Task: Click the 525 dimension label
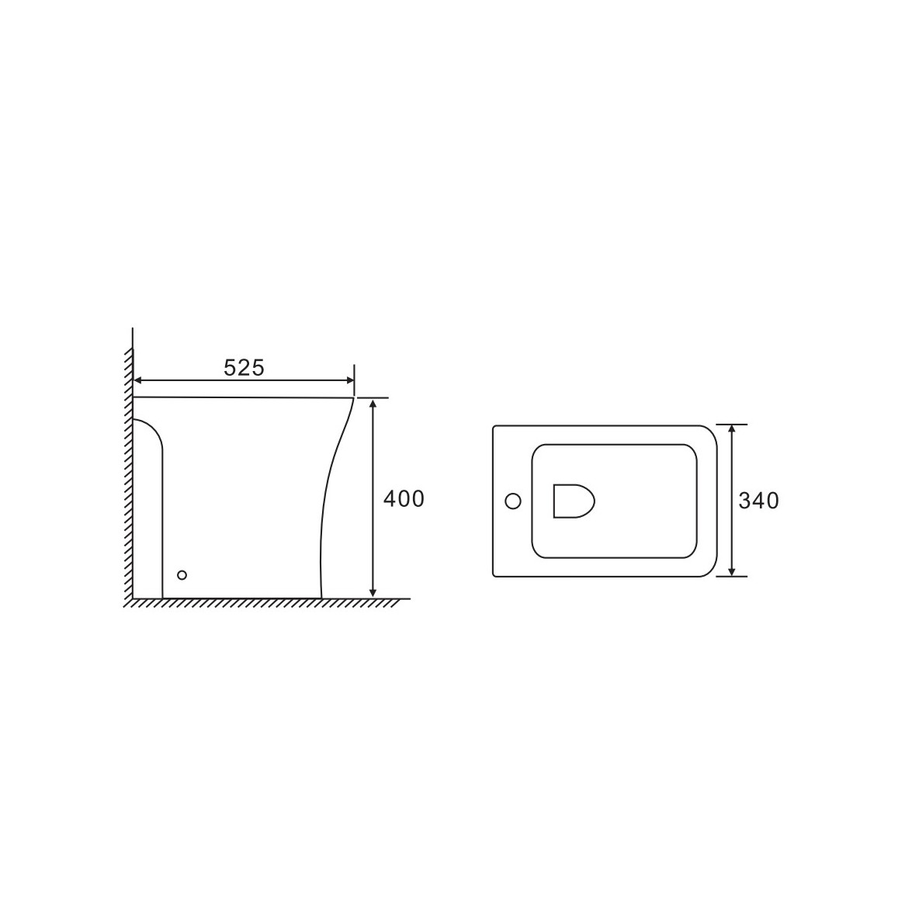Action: [x=244, y=367]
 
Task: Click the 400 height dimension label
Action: [x=404, y=499]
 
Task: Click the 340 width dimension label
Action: [x=758, y=501]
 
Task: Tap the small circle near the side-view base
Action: [x=182, y=575]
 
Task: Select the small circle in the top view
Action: [x=513, y=501]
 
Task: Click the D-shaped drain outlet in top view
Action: [x=574, y=501]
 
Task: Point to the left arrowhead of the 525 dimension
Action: [x=137, y=380]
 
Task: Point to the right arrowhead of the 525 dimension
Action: [x=350, y=380]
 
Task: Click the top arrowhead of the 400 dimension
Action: [x=373, y=403]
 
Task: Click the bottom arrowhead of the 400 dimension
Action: [x=373, y=593]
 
